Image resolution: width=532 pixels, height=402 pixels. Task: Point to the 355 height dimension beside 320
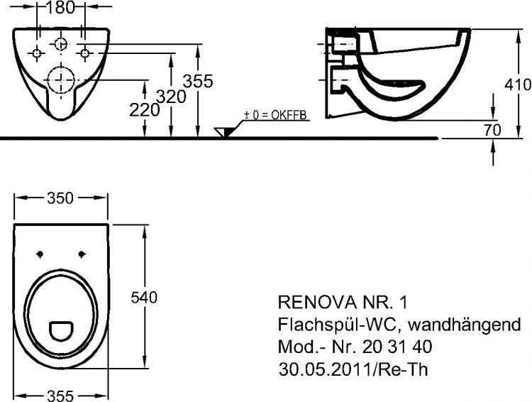coord(199,81)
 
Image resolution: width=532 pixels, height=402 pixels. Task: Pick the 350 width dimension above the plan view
coord(60,198)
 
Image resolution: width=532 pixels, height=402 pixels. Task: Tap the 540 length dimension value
coord(145,295)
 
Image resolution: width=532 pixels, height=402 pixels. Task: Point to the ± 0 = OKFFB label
coord(276,115)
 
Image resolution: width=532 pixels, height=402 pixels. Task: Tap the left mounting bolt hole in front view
coord(37,53)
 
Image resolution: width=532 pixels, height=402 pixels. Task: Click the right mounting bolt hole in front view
coord(84,53)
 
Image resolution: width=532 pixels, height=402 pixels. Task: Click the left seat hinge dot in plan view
coord(40,254)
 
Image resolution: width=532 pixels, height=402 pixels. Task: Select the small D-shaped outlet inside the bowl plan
coord(61,329)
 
